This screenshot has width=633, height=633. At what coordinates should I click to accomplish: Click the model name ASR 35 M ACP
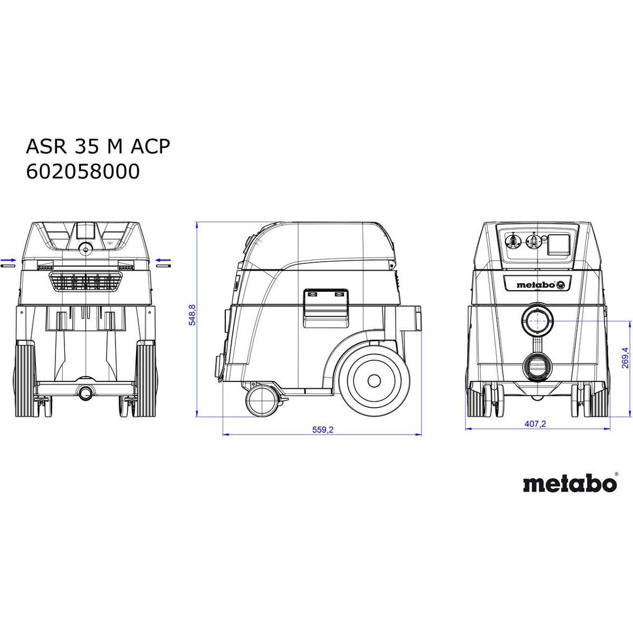pos(97,146)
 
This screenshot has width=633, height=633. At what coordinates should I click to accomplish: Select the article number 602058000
pos(83,171)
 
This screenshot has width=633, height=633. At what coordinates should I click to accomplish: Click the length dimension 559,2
pos(323,430)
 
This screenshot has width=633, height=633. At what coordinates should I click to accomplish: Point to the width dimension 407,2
pos(535,424)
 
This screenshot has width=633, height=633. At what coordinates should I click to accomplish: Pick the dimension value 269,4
pos(625,357)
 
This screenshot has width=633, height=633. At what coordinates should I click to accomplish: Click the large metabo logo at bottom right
pos(570,483)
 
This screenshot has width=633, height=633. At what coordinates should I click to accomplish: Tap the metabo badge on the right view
pos(537,284)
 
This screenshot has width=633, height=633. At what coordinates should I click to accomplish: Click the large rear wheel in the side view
pos(374,380)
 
